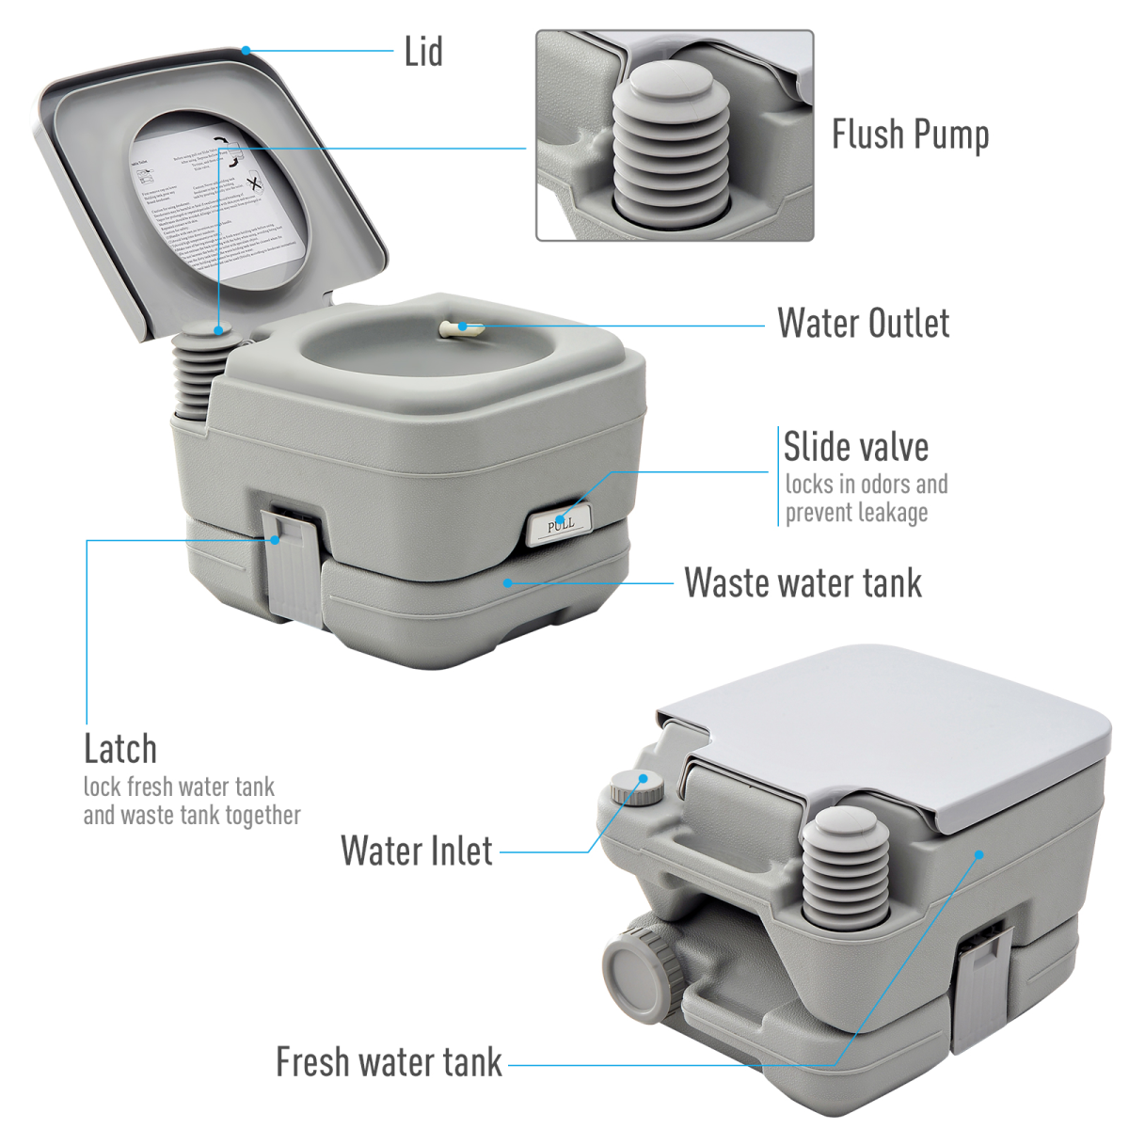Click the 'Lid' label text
423,52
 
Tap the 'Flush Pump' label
910,135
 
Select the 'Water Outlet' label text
863,323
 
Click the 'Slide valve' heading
855,447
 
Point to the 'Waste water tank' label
803,582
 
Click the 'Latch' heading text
120,749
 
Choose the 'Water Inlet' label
416,851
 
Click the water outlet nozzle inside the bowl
460,328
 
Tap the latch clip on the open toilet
293,564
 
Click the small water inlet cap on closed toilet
635,786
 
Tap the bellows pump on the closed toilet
844,866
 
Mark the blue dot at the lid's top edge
246,50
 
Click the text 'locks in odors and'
866,485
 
